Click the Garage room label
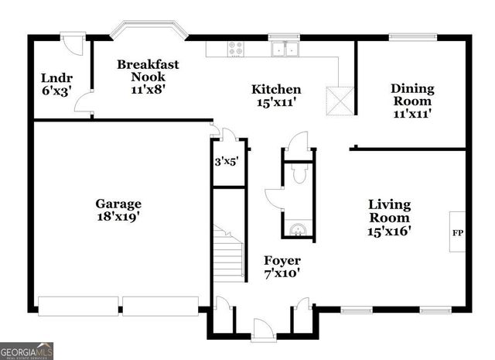[x=118, y=211]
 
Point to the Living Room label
[x=389, y=218]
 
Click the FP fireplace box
[x=457, y=231]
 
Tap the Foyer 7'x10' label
[x=282, y=266]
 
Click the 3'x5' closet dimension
[x=226, y=162]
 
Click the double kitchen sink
[x=285, y=49]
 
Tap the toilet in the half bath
[x=299, y=175]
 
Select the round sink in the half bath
[x=298, y=228]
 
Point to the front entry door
[x=264, y=330]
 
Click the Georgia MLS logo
[x=27, y=351]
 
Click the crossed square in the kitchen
[x=339, y=99]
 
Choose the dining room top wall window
[x=411, y=36]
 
